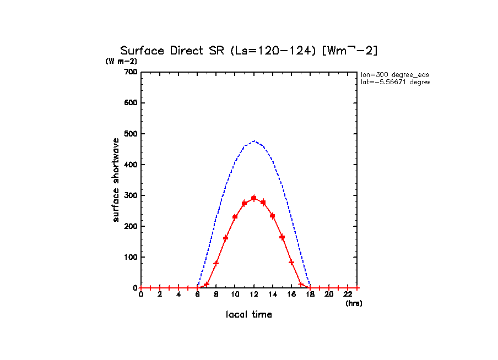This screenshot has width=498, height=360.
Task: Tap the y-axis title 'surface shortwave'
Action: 116,180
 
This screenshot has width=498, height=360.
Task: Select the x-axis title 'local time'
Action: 248,314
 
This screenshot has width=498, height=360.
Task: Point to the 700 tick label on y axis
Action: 130,72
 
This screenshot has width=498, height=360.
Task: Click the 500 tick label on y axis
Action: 130,134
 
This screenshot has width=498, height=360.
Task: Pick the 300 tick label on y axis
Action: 130,195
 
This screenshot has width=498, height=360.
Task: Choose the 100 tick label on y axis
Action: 130,257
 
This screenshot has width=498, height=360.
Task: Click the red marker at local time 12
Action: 254,198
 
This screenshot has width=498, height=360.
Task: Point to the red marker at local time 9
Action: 226,238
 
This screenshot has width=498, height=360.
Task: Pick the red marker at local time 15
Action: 282,237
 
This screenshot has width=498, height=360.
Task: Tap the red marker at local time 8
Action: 216,263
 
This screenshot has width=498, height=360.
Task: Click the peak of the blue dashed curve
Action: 254,141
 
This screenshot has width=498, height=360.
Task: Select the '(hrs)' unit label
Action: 354,303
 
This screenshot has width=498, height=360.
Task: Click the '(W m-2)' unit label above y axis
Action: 121,61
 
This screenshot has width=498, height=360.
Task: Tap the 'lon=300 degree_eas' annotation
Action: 394,74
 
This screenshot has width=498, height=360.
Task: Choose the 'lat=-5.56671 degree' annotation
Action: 394,82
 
